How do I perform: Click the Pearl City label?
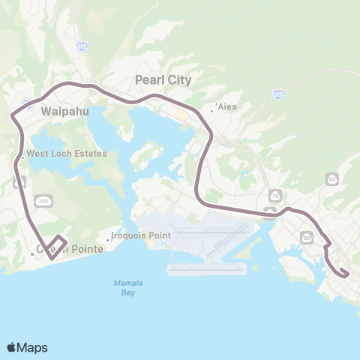click(x=163, y=79)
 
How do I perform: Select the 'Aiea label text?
click(x=227, y=106)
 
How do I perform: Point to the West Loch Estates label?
click(x=67, y=154)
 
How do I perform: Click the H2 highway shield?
click(x=82, y=46)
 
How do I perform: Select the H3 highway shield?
click(x=278, y=94)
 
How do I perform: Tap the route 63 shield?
click(x=331, y=178)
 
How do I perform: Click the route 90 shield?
click(x=307, y=237)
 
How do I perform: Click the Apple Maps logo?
click(x=27, y=347)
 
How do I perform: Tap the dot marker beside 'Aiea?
click(x=213, y=110)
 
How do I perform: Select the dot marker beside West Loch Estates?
click(x=23, y=157)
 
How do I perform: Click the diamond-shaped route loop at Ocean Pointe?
click(x=57, y=248)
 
